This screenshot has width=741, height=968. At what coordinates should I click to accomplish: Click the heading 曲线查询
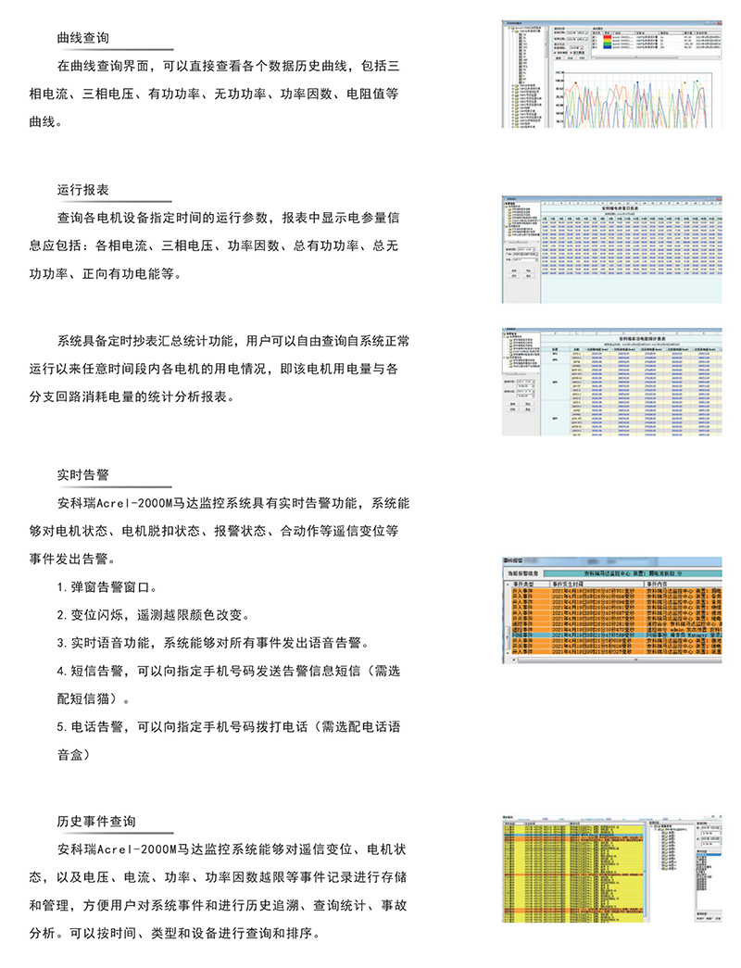pyautogui.click(x=82, y=38)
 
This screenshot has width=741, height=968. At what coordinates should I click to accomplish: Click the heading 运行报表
pyautogui.click(x=82, y=189)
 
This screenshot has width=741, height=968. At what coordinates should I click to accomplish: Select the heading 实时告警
pyautogui.click(x=82, y=474)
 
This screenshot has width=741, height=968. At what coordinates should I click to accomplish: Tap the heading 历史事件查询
pyautogui.click(x=95, y=821)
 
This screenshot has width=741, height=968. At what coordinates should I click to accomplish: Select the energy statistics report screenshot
pyautogui.click(x=609, y=380)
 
